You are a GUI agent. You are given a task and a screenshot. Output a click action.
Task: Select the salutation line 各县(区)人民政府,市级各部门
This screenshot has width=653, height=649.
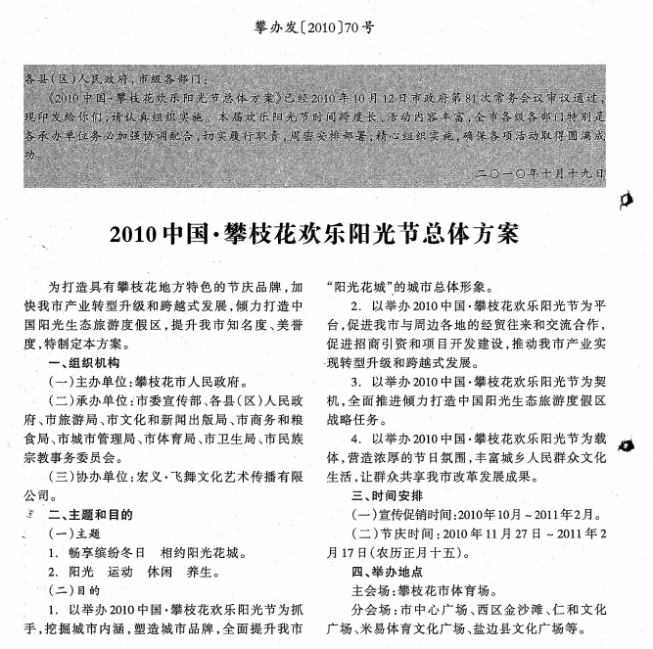click(x=123, y=77)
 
